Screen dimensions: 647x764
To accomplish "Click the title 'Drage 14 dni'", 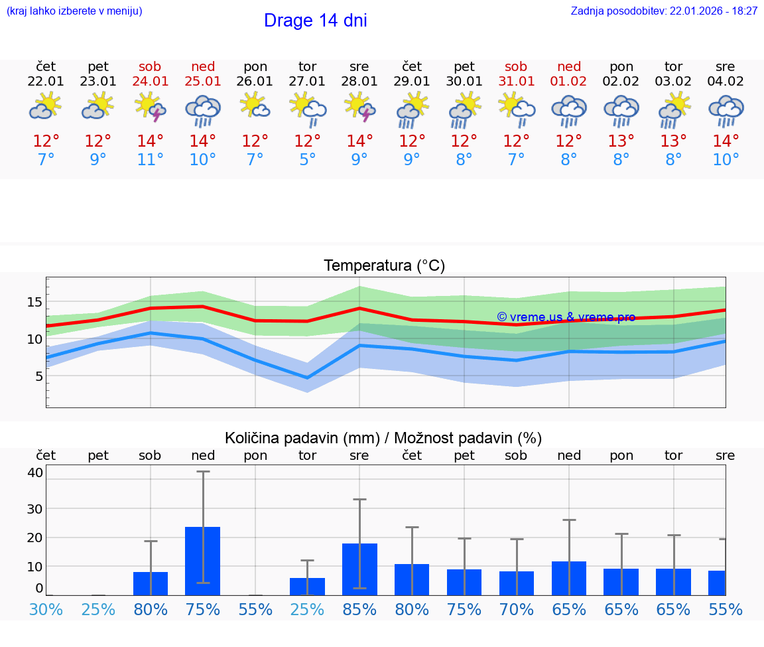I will tap(315, 21).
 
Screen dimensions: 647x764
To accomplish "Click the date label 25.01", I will tap(203, 82).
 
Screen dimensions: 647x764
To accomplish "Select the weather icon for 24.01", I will tap(151, 108).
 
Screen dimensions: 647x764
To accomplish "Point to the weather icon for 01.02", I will tap(568, 110).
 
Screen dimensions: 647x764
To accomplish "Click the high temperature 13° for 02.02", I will tap(621, 141).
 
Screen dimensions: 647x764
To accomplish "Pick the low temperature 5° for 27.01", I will tap(307, 160).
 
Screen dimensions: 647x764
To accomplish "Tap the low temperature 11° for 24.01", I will tap(151, 160).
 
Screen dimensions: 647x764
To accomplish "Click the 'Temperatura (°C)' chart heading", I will tap(384, 266).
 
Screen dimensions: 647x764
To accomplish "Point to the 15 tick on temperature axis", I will tap(34, 302).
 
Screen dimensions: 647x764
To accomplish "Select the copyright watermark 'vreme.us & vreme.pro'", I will tap(566, 317).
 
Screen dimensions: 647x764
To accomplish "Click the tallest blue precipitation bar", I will tap(202, 561).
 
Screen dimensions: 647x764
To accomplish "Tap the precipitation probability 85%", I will tap(359, 609).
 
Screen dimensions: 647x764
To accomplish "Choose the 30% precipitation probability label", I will tap(46, 609).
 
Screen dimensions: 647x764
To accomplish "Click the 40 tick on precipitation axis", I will tap(35, 472).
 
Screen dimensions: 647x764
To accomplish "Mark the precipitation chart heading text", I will tap(383, 438).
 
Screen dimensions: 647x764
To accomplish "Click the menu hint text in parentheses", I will tap(74, 11).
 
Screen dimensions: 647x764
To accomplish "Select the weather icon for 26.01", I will tap(255, 106).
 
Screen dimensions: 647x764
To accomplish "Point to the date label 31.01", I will tap(516, 82).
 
